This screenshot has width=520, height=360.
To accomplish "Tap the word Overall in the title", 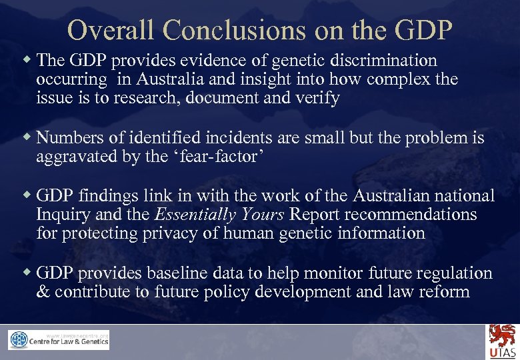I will coord(111,29).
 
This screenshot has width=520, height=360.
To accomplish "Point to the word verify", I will coord(317,98).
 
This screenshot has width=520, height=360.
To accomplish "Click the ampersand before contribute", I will coord(43,292).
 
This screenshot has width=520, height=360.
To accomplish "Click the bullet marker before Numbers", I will coord(27,137).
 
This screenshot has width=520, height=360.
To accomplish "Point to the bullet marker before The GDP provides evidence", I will coord(27,60).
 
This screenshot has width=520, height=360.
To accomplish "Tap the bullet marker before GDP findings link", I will coord(27,195).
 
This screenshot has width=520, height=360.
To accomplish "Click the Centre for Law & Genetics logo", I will coord(59,340).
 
